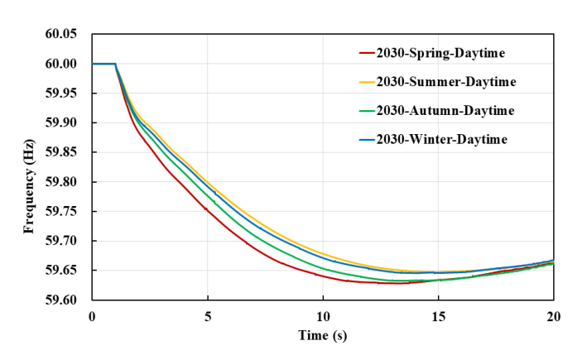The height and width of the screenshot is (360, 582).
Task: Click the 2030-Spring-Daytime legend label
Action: pyautogui.click(x=440, y=53)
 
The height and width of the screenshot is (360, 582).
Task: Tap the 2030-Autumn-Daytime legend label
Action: pyautogui.click(x=445, y=110)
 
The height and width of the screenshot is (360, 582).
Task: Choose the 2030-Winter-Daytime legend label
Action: pyautogui.click(x=440, y=138)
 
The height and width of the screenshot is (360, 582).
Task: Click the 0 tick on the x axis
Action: pyautogui.click(x=92, y=316)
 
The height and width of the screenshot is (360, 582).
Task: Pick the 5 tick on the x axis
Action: pyautogui.click(x=208, y=316)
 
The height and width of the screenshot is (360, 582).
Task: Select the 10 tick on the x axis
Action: pyautogui.click(x=323, y=316)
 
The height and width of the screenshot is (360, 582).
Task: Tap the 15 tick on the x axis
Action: pyautogui.click(x=439, y=316)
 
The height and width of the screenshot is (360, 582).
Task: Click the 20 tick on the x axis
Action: pyautogui.click(x=554, y=316)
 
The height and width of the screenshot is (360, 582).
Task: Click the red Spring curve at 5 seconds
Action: pyautogui.click(x=208, y=210)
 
